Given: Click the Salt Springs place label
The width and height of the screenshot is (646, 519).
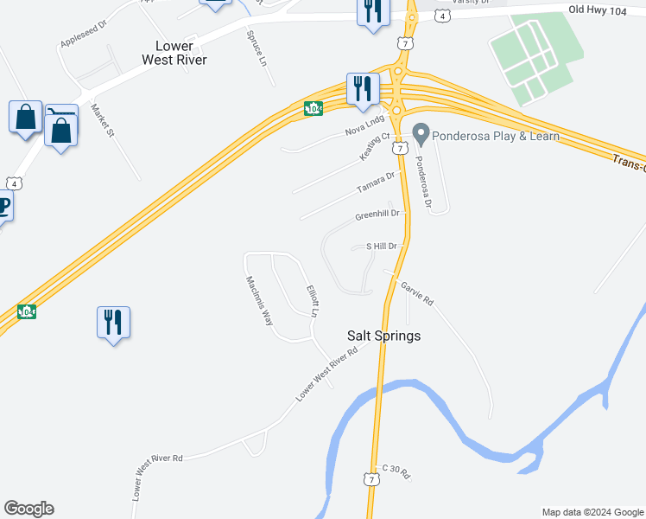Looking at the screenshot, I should (383, 336).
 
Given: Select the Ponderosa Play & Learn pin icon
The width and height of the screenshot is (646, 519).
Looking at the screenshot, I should (421, 135).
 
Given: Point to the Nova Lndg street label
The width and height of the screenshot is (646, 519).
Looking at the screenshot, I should (364, 126).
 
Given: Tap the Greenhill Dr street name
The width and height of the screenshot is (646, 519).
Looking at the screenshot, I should (378, 215).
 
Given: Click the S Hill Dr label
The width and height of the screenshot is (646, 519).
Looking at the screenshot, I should (381, 247).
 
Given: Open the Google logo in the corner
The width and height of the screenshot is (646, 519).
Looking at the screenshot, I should (28, 509).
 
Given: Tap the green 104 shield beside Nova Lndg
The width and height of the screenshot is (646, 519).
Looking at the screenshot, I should (313, 108).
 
